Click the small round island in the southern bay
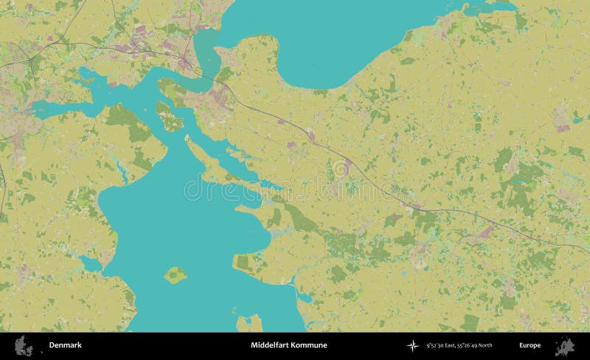point(176,275)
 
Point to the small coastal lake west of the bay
point(91,263)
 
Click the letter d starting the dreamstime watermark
point(186,190)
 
